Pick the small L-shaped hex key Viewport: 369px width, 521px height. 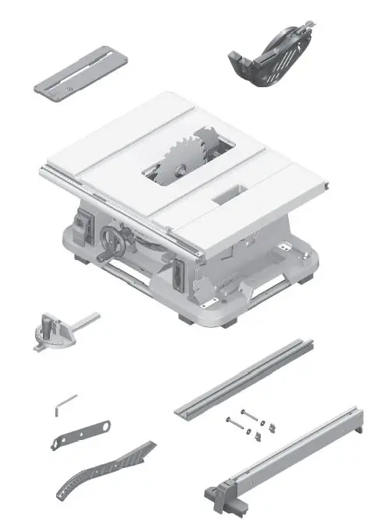click(65, 404)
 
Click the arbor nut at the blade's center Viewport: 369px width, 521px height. click(180, 166)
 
